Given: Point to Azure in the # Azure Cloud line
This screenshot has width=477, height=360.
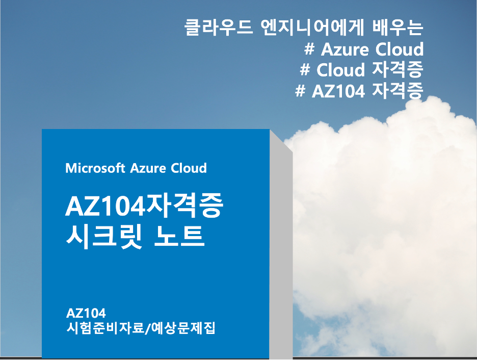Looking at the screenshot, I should pos(345,49).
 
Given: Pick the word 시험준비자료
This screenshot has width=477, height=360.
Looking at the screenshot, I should pos(105,328).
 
